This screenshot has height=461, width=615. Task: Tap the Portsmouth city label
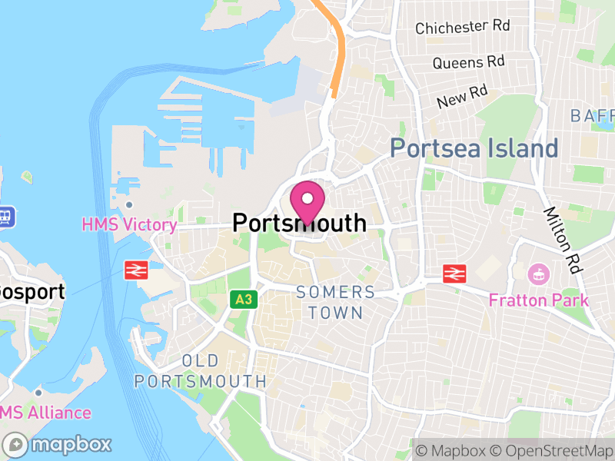click(x=299, y=224)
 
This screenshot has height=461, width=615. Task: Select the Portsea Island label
click(x=474, y=148)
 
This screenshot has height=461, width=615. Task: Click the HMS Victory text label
click(x=130, y=225)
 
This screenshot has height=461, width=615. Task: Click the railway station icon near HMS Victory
click(x=136, y=269)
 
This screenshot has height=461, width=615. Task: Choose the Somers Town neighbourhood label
click(x=336, y=302)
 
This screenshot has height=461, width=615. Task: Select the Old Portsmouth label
click(x=201, y=371)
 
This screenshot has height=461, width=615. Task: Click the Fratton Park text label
click(x=538, y=300)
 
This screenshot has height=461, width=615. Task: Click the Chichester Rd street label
click(x=462, y=27)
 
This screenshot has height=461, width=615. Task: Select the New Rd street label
click(x=462, y=97)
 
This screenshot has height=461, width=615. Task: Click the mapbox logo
click(x=58, y=444)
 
